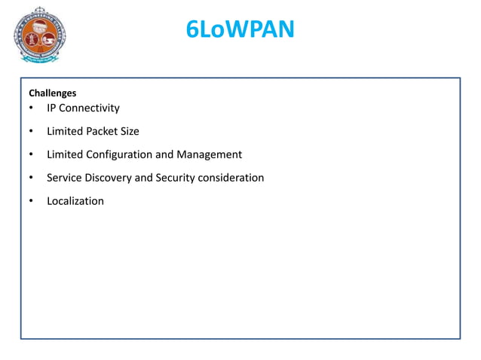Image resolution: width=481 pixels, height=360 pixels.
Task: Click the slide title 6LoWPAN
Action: [240, 30]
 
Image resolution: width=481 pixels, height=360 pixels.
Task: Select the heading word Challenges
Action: [52, 93]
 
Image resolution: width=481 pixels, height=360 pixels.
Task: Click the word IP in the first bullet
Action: [52, 108]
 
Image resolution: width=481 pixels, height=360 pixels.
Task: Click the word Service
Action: [65, 178]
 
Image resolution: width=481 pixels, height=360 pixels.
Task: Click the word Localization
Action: [75, 201]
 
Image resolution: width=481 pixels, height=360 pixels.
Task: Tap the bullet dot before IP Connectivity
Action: [31, 108]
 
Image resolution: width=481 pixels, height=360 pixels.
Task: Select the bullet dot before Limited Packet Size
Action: [31, 132]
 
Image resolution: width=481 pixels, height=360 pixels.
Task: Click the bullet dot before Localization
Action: [31, 202]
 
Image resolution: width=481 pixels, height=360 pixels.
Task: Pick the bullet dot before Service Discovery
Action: [31, 178]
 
